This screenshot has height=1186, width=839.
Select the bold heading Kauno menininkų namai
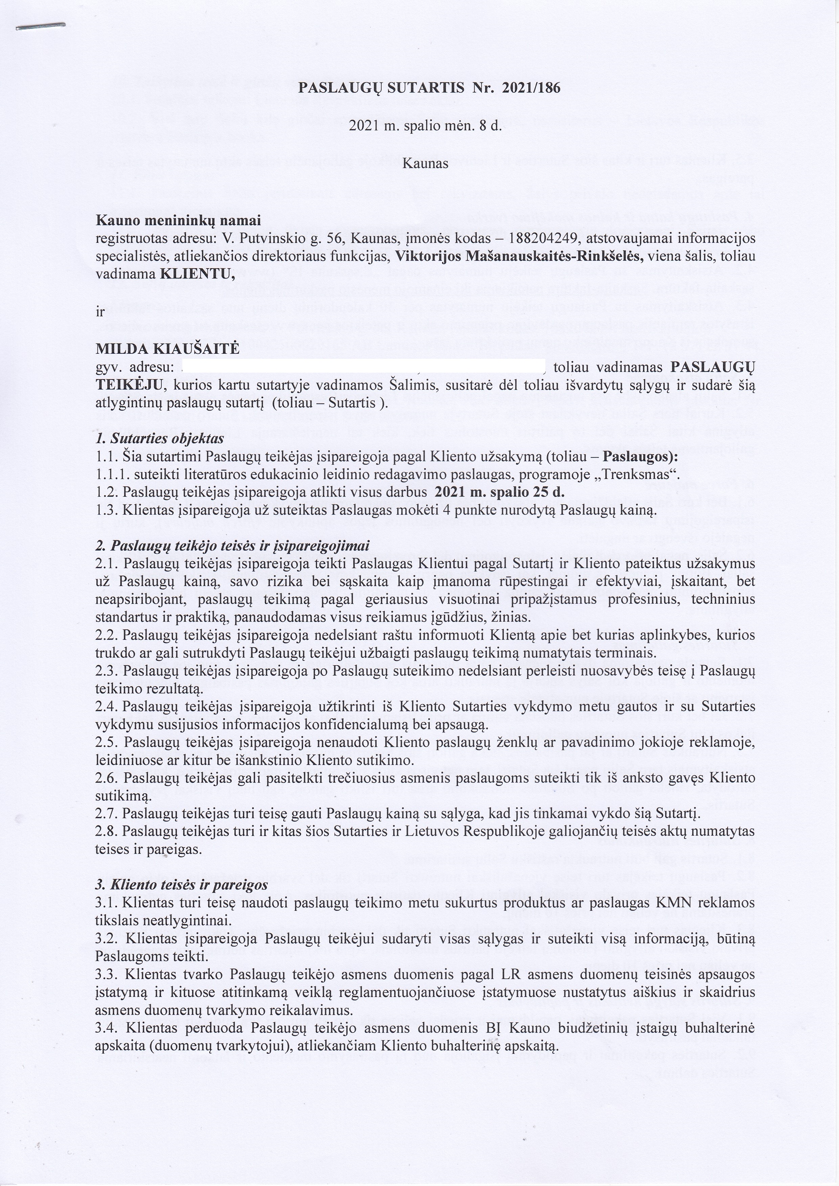(178, 220)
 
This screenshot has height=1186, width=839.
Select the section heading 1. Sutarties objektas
(160, 439)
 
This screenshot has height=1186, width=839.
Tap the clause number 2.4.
(107, 707)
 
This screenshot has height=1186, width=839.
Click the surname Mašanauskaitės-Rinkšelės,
(527, 257)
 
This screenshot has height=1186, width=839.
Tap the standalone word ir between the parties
(100, 312)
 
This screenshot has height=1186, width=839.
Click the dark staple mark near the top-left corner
(41, 27)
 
